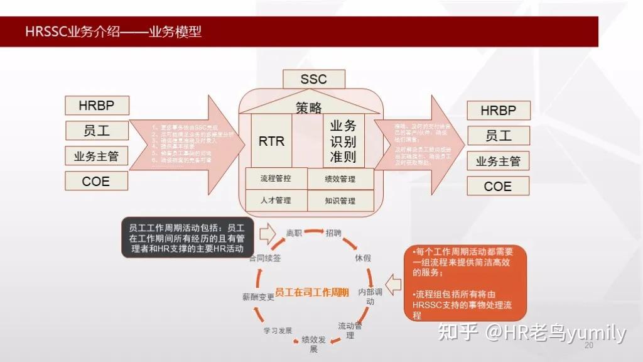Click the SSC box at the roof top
(313, 79)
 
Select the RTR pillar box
(271, 141)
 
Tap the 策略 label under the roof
(309, 107)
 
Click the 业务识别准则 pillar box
(343, 141)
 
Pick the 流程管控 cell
(276, 178)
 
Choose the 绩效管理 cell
(340, 179)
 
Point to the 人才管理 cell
(276, 200)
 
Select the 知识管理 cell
(340, 201)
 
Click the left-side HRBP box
(96, 105)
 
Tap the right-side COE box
(498, 186)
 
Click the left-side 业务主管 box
(96, 156)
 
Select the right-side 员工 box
(498, 135)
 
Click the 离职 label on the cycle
(294, 233)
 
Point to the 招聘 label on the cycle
(333, 233)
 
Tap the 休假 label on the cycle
(363, 258)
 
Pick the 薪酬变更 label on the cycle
(258, 297)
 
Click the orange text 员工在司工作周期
(311, 292)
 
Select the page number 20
(588, 346)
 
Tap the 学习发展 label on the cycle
(277, 330)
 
